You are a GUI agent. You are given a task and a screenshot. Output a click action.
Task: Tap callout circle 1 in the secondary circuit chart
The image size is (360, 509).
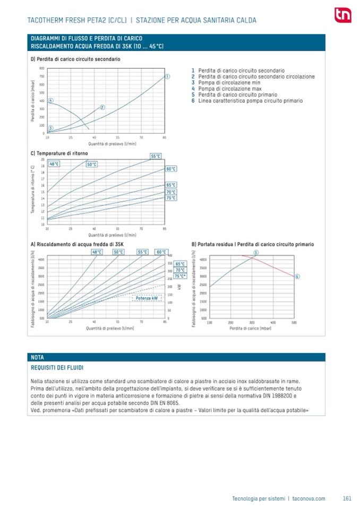(167, 76)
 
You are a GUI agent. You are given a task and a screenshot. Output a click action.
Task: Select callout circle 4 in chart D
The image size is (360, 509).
(50, 100)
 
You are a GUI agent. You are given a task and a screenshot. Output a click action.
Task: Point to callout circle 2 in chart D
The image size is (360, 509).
(102, 107)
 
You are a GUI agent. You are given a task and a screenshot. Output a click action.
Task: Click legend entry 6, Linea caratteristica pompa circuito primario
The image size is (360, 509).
(247, 100)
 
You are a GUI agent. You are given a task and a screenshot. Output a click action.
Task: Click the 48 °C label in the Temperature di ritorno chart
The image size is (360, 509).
(54, 164)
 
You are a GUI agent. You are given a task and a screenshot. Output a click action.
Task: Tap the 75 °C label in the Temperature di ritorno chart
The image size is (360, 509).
(170, 198)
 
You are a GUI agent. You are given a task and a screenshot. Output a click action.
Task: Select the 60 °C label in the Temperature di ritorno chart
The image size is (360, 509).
(170, 169)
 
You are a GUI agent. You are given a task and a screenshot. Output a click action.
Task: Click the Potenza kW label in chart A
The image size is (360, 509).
(147, 298)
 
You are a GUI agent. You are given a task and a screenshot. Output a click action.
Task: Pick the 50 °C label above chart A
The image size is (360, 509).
(119, 252)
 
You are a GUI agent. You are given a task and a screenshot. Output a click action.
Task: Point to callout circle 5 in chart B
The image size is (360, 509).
(255, 253)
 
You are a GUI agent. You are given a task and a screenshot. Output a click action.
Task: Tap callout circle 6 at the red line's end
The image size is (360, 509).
(297, 277)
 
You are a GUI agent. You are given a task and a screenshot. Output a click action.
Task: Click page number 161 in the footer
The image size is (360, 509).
(347, 498)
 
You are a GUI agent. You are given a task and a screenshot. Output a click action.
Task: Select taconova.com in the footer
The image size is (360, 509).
(308, 498)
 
